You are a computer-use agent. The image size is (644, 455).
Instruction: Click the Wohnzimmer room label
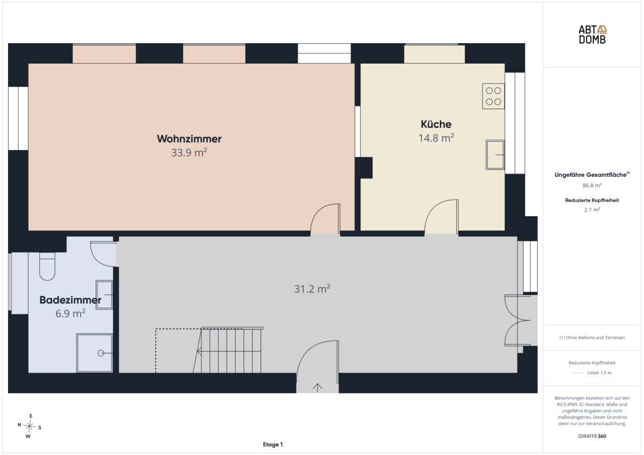click(189, 139)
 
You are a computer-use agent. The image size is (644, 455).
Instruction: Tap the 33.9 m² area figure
click(189, 152)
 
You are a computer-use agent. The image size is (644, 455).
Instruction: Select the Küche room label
click(436, 124)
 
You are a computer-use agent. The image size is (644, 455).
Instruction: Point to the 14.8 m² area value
click(436, 138)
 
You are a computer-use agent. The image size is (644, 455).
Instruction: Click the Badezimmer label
click(70, 300)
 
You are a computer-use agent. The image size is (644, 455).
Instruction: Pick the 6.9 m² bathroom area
click(70, 313)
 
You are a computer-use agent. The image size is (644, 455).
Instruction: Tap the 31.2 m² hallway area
click(312, 289)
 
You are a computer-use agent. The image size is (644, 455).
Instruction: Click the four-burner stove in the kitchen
click(493, 96)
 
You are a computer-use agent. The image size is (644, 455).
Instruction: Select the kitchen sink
click(495, 155)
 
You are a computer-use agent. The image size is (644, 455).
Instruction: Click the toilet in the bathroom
click(47, 267)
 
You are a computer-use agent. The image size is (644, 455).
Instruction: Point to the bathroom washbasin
click(104, 295)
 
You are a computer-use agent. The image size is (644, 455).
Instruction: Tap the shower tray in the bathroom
click(94, 353)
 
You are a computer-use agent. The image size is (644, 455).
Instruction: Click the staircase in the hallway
click(228, 350)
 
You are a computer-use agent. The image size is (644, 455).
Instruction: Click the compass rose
click(30, 426)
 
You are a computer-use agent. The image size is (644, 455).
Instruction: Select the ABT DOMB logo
click(592, 35)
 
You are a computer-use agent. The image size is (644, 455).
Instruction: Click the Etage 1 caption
click(273, 444)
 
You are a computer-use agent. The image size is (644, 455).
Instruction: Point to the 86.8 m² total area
click(592, 185)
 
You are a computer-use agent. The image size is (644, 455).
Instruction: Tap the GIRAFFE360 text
click(592, 436)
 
